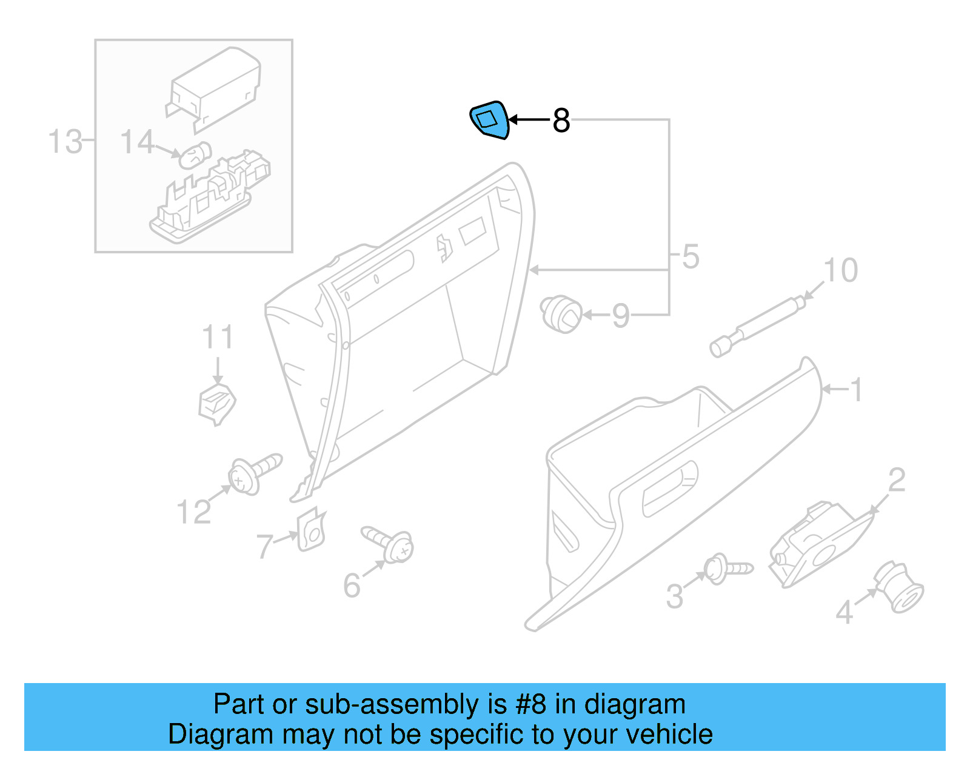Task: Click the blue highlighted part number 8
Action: pyautogui.click(x=489, y=120)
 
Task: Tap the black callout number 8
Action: pyautogui.click(x=561, y=121)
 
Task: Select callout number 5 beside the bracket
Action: pyautogui.click(x=691, y=256)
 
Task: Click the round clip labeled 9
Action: pyautogui.click(x=561, y=314)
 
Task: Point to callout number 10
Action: pyautogui.click(x=840, y=270)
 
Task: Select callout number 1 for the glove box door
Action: pyautogui.click(x=855, y=390)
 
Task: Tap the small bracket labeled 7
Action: pyautogui.click(x=311, y=529)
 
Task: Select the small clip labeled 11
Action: pyautogui.click(x=217, y=402)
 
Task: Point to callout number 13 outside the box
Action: pyautogui.click(x=64, y=142)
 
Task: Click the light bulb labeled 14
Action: pyautogui.click(x=195, y=156)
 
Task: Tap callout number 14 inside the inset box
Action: pyautogui.click(x=137, y=142)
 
